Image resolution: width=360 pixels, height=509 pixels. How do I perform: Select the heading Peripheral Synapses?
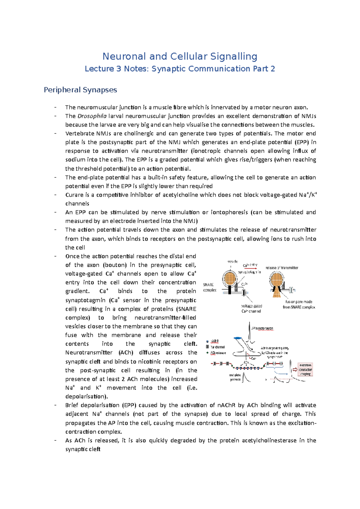80,90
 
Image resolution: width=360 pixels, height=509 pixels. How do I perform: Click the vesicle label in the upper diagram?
232,261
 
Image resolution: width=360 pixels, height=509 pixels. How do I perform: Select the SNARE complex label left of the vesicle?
209,287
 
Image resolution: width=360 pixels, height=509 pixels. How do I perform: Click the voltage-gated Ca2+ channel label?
251,308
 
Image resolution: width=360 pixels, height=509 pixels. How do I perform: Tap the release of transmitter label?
282,268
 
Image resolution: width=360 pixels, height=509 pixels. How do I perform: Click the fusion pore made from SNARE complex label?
299,304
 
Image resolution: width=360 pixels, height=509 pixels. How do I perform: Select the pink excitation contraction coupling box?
305,370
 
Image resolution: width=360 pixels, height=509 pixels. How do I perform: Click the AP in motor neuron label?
262,329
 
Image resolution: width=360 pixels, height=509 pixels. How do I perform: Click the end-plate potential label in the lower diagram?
235,377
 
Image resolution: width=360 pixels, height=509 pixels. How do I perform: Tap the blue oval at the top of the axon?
238,338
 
